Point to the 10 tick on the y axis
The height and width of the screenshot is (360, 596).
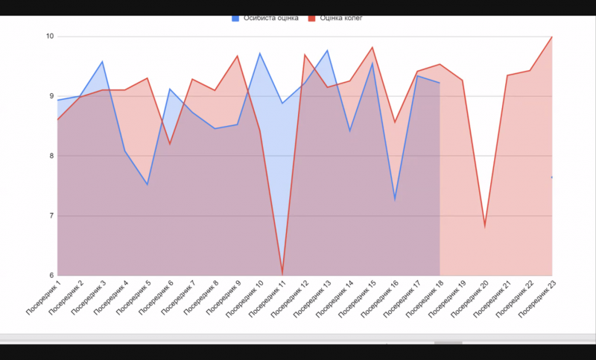[50, 36]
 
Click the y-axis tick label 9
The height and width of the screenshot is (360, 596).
[50, 96]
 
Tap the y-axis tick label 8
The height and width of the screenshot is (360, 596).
[50, 156]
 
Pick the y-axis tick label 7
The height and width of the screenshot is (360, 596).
[50, 216]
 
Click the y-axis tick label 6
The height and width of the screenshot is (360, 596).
[50, 276]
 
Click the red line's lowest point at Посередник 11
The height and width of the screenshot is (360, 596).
[282, 274]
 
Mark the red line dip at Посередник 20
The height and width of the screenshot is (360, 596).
[485, 226]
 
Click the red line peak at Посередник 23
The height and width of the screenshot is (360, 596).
[552, 37]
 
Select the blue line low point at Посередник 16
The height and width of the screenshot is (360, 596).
[395, 199]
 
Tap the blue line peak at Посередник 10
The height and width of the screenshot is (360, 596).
[260, 53]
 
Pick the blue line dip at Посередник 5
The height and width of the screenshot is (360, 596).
[148, 184]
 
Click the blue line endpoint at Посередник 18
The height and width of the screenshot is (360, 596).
[440, 83]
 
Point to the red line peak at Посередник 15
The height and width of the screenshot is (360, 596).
[372, 48]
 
